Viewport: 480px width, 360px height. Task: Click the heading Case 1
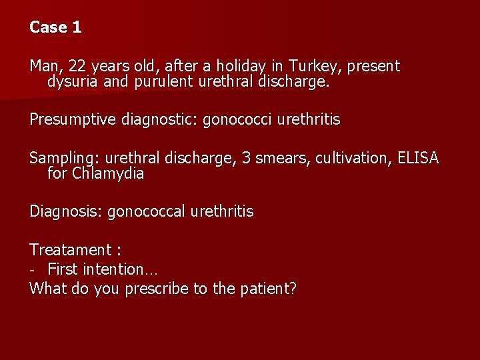(55, 27)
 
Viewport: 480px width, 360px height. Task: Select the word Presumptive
(71, 120)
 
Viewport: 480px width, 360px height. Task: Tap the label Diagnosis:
(65, 212)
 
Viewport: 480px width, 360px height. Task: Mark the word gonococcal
(146, 212)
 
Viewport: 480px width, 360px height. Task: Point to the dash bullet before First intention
(33, 270)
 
